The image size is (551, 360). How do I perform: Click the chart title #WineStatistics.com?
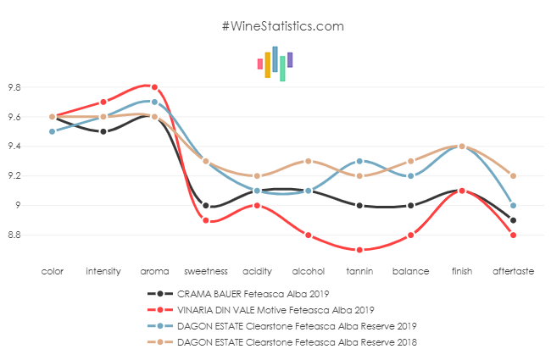pos(282,26)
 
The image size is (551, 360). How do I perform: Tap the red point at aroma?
pos(154,87)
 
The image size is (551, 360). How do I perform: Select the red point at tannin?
pos(359,250)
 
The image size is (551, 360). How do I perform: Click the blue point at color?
pos(52,131)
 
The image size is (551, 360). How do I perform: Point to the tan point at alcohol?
pos(308,161)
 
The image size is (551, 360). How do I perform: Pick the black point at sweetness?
pos(205,205)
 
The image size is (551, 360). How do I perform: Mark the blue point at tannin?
pos(359,161)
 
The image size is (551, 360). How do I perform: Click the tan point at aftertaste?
pos(513,176)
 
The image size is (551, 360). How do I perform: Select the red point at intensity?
pos(103,102)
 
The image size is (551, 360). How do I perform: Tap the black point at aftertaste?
pos(513,220)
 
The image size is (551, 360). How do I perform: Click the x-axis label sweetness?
pos(205,272)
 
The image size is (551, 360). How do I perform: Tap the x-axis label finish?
pos(462,272)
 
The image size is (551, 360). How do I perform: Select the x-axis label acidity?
pos(257,272)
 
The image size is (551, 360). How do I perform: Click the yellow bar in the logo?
pos(268,64)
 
